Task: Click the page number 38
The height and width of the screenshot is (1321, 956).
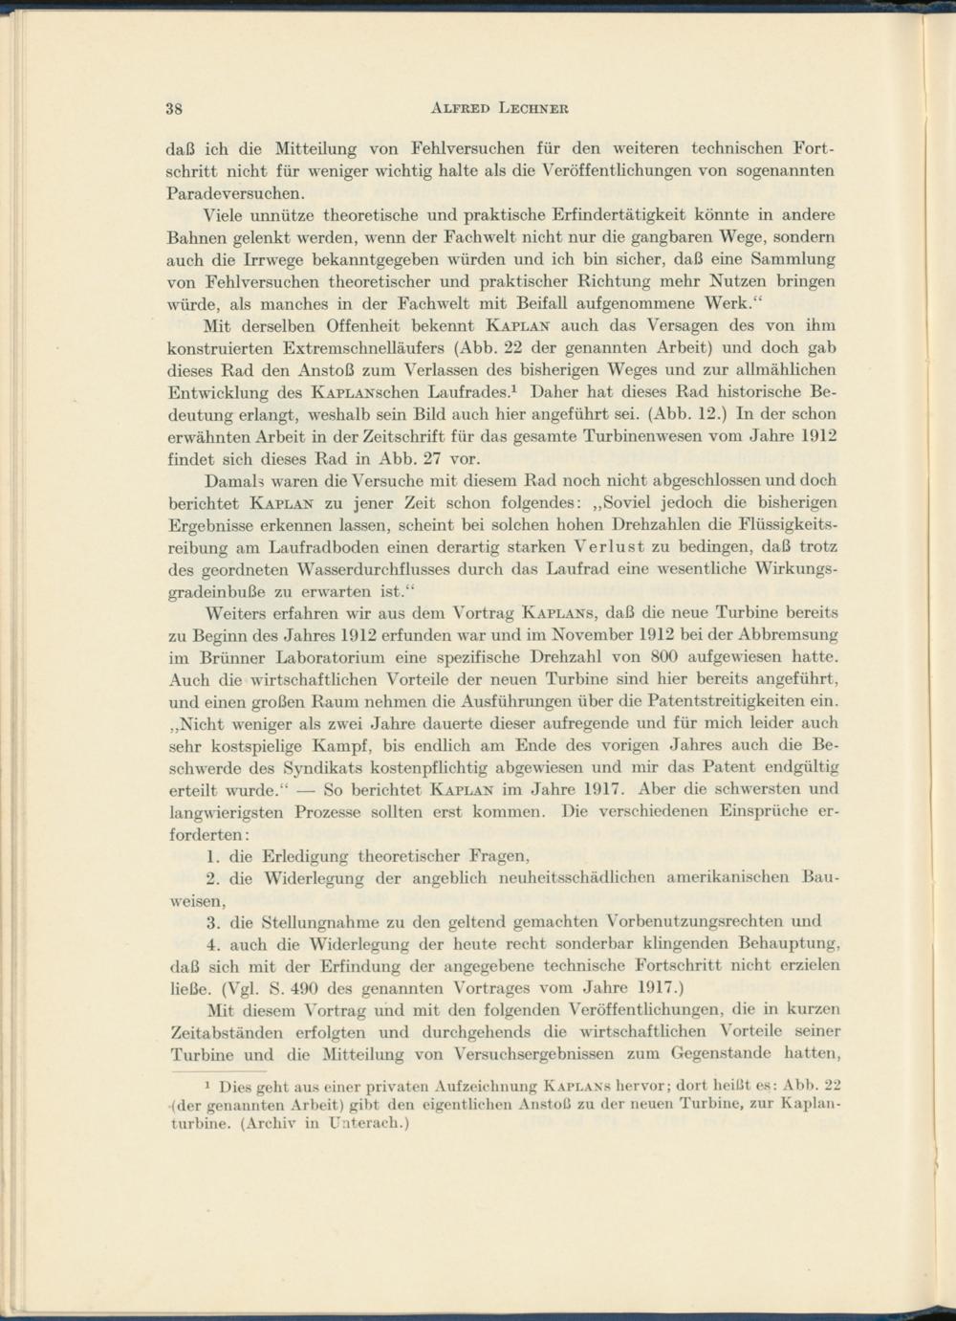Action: point(175,107)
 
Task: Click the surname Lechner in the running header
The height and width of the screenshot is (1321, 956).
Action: point(534,107)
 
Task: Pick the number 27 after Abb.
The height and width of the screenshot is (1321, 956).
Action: point(435,457)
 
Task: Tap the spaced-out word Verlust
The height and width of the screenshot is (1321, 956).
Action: point(613,546)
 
